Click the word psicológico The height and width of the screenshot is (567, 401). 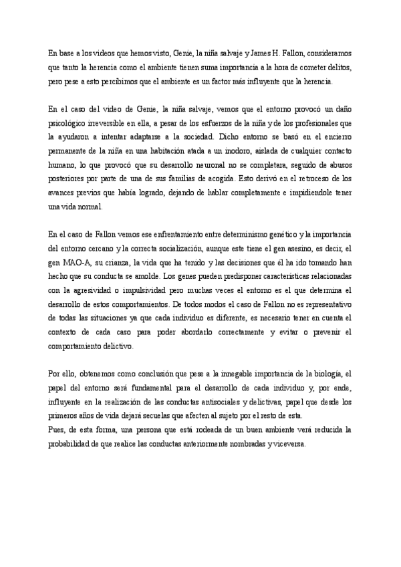click(x=70, y=124)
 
